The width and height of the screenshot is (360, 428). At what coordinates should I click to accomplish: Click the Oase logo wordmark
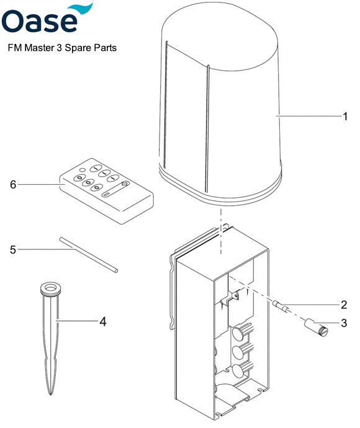pos(40,22)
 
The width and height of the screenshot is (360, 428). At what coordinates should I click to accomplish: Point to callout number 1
pos(344,116)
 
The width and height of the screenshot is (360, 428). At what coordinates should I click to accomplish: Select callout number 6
pos(13,184)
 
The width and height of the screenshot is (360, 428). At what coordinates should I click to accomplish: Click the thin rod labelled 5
pos(88,254)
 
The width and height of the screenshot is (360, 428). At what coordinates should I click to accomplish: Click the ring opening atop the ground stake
pos(50,288)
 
